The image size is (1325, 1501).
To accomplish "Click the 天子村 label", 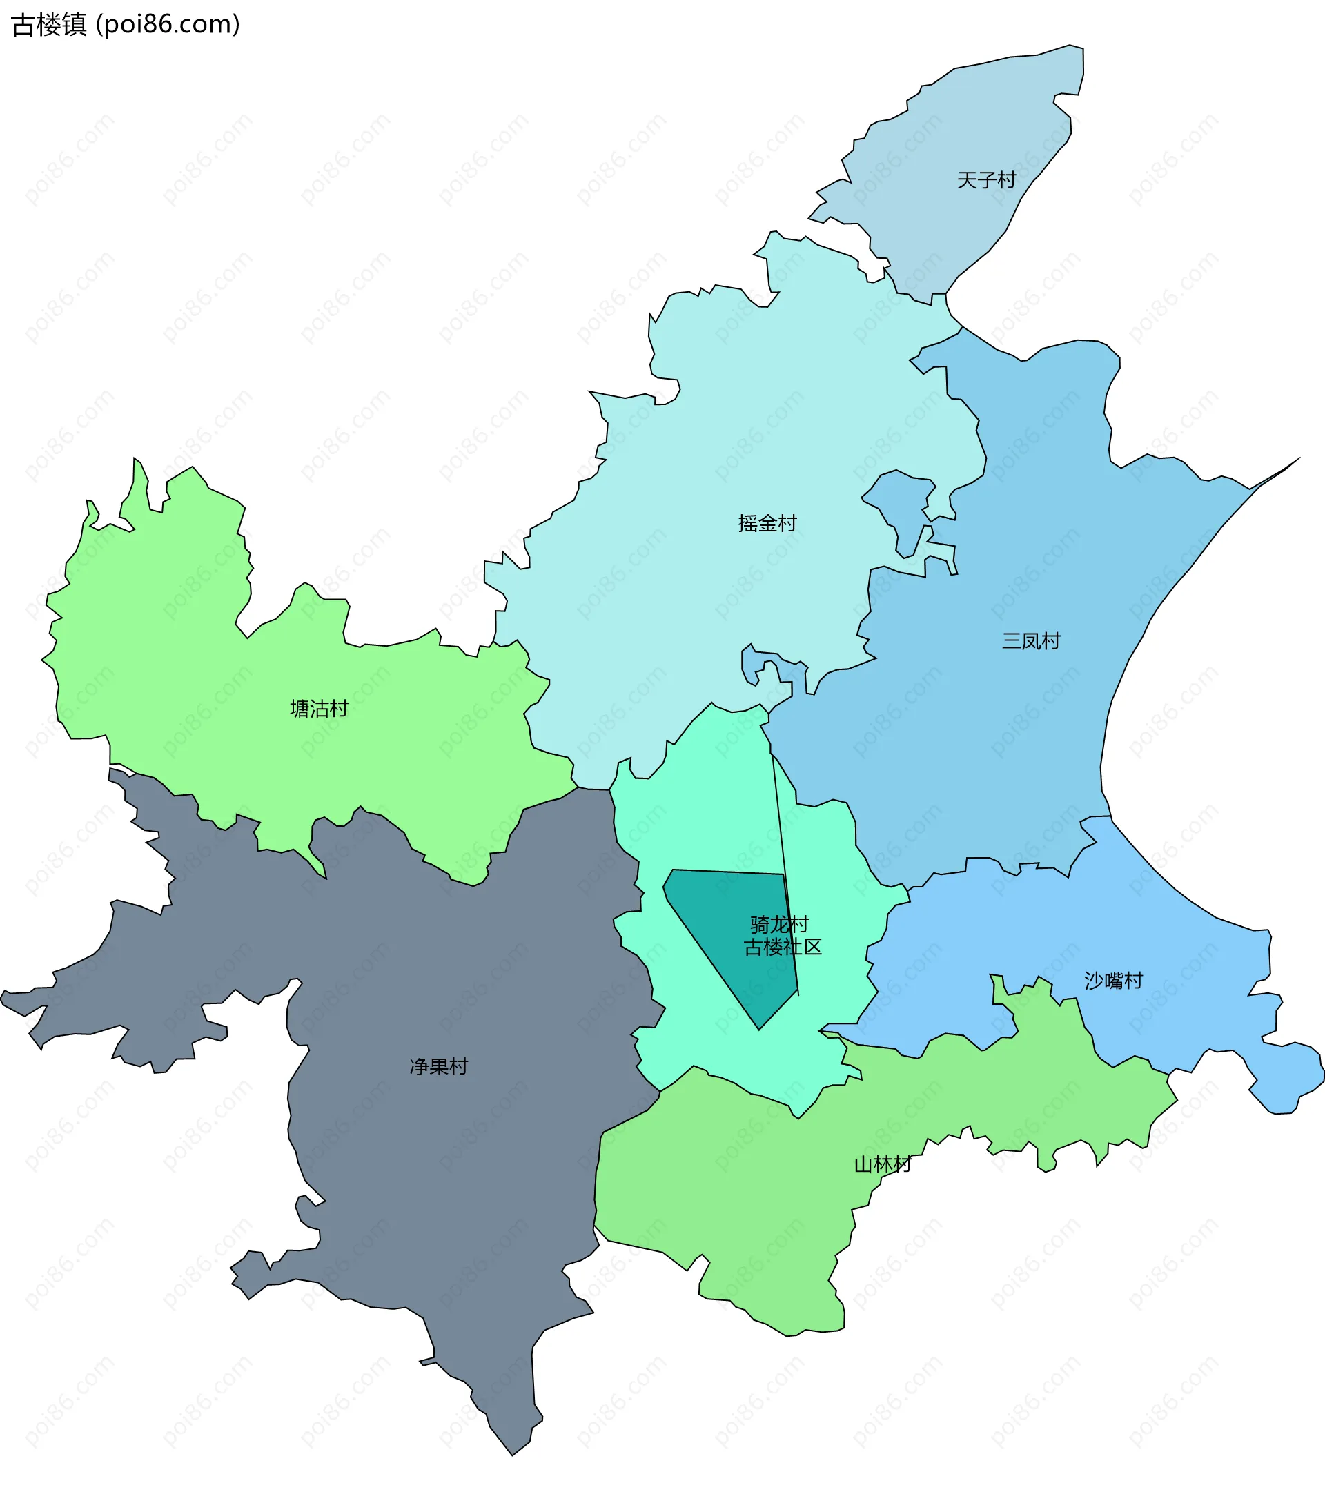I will pos(985,180).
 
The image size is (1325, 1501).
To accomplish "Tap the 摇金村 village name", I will pos(767,524).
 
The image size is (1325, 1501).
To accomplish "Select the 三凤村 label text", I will pos(1030,641).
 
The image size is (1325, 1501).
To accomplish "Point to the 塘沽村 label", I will pos(319,709).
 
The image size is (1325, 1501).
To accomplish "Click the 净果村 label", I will pos(438,1066).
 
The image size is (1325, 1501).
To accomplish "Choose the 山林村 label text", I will pos(882,1164).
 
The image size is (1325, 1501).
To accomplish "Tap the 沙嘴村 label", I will pos(1112,981).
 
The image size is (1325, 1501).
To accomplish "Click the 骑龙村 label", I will pos(778,924).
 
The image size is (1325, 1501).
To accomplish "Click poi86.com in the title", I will pos(168,25).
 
